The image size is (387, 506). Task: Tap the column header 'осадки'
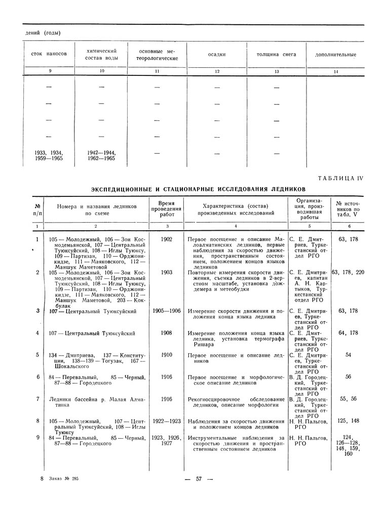tap(217, 54)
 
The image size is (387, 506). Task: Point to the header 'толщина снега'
tap(276, 54)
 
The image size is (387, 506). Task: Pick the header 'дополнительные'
tap(335, 55)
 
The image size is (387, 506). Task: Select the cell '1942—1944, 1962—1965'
tap(102, 155)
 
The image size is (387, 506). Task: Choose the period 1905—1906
tap(165, 311)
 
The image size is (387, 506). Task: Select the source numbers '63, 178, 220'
tap(347, 272)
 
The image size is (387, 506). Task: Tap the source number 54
tap(348, 355)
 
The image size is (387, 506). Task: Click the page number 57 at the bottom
tap(199, 478)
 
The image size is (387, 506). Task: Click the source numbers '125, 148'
tap(349, 421)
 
